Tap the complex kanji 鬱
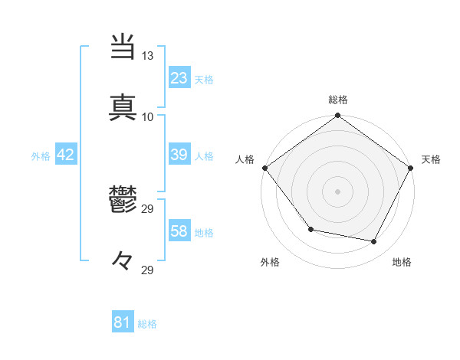(123, 201)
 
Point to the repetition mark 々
(123, 262)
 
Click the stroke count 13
(147, 56)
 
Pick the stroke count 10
(147, 116)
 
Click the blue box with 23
(179, 78)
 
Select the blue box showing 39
(179, 155)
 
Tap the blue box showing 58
(179, 231)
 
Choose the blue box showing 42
(66, 155)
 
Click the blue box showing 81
(123, 323)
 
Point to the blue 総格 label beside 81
(147, 324)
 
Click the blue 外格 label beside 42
(41, 155)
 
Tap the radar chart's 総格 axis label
(338, 100)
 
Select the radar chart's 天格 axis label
(431, 159)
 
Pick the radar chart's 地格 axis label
(402, 262)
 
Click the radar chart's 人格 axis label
(245, 159)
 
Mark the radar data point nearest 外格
(310, 229)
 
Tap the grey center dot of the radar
(338, 191)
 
